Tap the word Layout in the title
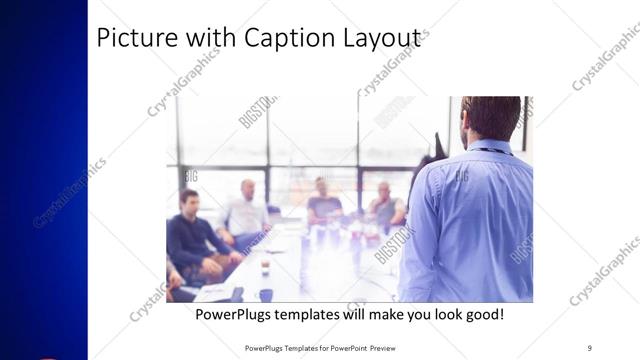(385, 39)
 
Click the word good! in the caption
(482, 315)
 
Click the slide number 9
(589, 348)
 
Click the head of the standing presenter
(491, 117)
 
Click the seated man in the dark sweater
(190, 235)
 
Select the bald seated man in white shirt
(246, 210)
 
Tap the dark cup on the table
(266, 295)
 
